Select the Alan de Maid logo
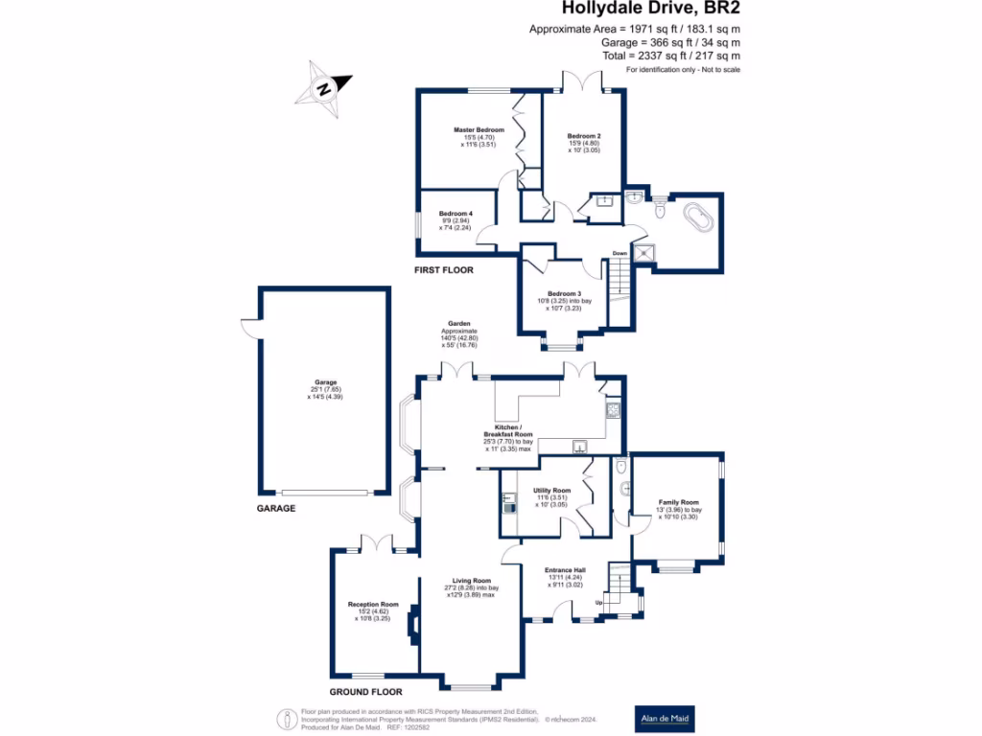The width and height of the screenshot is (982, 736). tap(666, 719)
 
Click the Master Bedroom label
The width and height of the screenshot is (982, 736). tap(479, 129)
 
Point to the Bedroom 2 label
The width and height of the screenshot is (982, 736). tap(583, 136)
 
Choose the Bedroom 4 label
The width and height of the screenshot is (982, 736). tap(456, 214)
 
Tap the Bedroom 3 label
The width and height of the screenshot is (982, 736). tap(563, 293)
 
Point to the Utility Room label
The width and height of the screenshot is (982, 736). tap(551, 491)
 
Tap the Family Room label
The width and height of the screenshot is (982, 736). tap(678, 502)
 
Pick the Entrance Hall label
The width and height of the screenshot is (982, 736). tap(565, 570)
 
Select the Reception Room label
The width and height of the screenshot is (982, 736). tap(373, 605)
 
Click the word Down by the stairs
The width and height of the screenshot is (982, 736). tap(620, 254)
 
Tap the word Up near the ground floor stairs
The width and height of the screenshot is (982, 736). tap(600, 603)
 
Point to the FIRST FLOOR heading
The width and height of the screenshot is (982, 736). tap(444, 270)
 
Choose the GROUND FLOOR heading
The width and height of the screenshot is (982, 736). tap(365, 692)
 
